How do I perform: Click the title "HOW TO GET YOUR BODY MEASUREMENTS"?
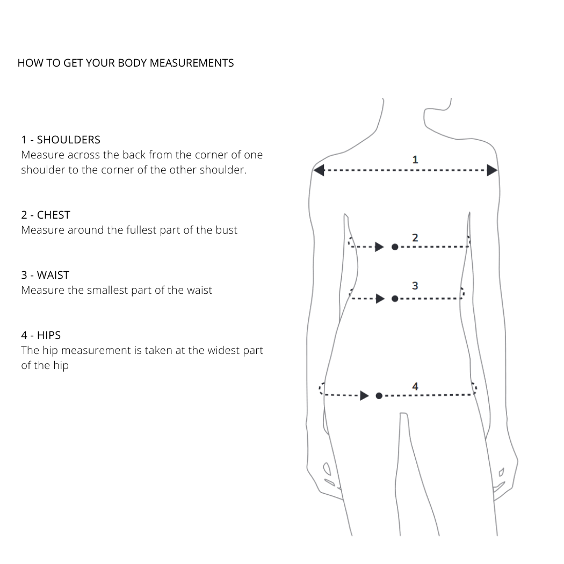[x=126, y=63]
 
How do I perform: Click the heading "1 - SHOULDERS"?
[x=61, y=140]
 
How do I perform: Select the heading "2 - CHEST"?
[x=46, y=215]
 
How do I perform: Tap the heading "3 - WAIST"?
[x=45, y=275]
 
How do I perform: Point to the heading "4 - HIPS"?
[x=41, y=335]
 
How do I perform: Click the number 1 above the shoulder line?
[x=415, y=160]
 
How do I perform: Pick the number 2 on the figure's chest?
[x=415, y=237]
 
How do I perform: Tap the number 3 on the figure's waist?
[x=415, y=286]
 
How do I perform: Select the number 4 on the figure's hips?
[x=415, y=386]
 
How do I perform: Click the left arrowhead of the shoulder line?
[x=319, y=170]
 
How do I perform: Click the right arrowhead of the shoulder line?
[x=492, y=170]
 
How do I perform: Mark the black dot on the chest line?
[x=395, y=247]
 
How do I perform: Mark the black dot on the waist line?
[x=395, y=299]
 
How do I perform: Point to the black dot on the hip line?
[x=379, y=396]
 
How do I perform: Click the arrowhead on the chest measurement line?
[x=379, y=247]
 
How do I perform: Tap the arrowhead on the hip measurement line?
[x=364, y=396]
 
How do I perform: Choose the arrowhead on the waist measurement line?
[x=380, y=299]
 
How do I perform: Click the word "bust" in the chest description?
[x=226, y=230]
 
